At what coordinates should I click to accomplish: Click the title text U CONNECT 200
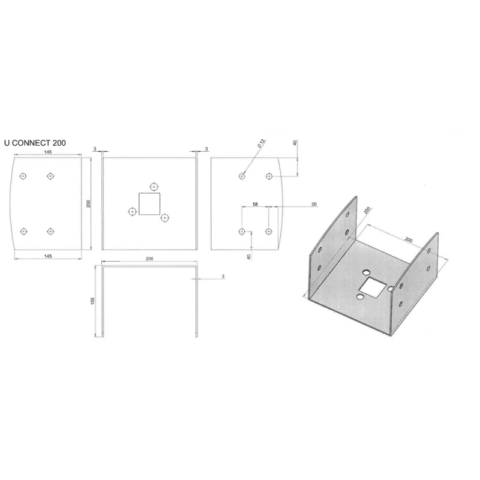tap(35, 143)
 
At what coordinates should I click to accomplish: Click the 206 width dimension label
tap(149, 259)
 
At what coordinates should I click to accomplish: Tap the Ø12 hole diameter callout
tap(262, 143)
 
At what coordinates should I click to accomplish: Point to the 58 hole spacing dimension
tap(255, 204)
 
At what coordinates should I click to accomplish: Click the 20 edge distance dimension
tap(314, 204)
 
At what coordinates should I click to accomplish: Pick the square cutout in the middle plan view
tap(149, 203)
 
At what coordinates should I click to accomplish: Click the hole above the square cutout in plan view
tap(154, 187)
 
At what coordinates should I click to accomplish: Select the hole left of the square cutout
tap(132, 212)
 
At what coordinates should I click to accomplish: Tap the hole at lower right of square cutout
tap(165, 218)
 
